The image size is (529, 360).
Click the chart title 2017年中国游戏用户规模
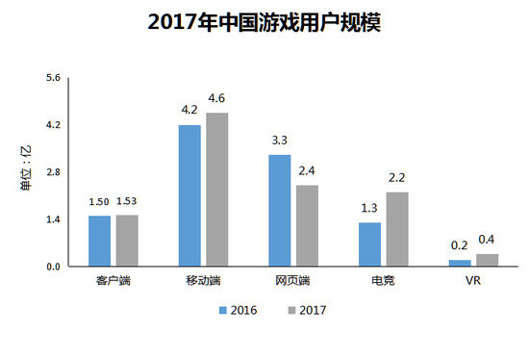coord(264,23)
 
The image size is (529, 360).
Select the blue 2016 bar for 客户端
coord(99,242)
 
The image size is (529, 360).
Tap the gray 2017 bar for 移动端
coord(217,190)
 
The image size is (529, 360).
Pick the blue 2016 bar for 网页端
coord(280,211)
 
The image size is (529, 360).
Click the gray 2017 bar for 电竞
coord(397,229)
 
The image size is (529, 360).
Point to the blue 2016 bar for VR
coord(460,263)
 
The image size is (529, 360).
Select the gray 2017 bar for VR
coord(488,260)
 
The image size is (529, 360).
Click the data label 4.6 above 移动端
coord(216,98)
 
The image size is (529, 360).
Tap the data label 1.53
coord(127,201)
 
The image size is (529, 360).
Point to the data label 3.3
coord(280,141)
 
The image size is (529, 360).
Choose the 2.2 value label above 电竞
coord(396,178)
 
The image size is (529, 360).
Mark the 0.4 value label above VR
coord(487,240)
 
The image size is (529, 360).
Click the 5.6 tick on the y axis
coord(53,78)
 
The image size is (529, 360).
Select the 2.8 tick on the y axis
coord(53,172)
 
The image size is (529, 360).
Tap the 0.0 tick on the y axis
coord(53,267)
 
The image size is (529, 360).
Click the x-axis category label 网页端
coord(292,281)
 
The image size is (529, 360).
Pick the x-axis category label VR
coord(473,281)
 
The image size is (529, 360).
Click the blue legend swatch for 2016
coord(223,310)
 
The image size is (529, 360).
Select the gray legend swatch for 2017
coord(291,310)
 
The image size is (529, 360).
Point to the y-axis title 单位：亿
coord(26,167)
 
